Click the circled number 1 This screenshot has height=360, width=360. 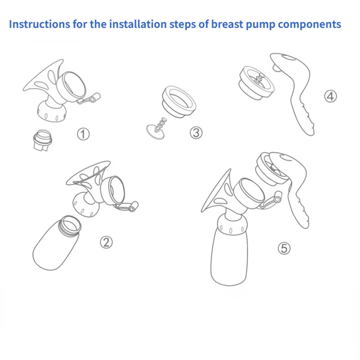83,134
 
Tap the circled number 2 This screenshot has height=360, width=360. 106,242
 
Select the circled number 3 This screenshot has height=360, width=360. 196,132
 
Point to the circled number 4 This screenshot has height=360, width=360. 331,96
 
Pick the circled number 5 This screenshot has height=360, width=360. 284,248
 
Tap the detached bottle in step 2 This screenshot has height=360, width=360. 57,245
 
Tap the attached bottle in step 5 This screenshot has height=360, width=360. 229,256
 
